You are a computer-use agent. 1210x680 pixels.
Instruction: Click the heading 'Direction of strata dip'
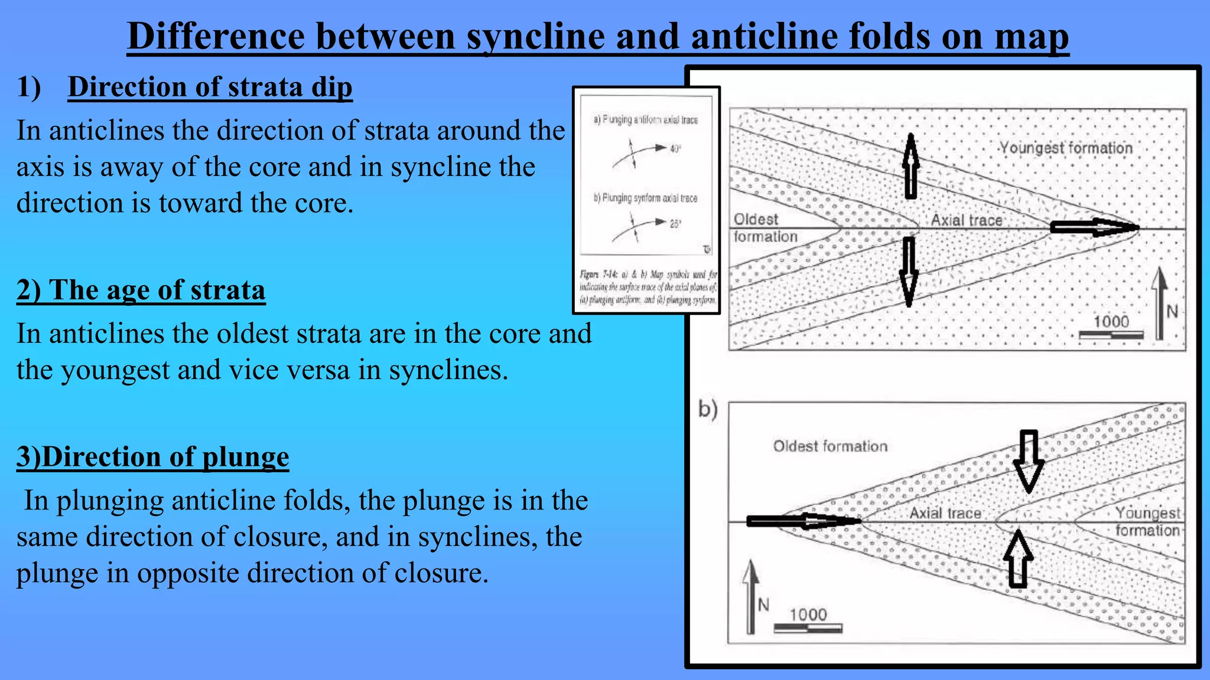[210, 87]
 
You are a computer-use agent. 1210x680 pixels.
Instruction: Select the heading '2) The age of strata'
[141, 290]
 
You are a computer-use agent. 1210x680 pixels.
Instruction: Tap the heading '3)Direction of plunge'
[152, 457]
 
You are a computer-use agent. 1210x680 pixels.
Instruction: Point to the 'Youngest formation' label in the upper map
[1066, 148]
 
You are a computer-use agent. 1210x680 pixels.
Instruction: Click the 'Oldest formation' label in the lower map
[830, 446]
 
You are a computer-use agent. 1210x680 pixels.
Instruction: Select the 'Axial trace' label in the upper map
[967, 220]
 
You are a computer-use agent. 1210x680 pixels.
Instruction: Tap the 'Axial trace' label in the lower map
[945, 513]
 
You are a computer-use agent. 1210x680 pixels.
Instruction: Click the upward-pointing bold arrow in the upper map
[911, 166]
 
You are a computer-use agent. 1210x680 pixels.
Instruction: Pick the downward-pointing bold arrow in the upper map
[909, 272]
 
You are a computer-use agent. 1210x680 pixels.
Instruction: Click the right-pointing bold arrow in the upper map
[1093, 227]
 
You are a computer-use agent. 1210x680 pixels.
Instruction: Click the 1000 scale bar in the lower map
[808, 627]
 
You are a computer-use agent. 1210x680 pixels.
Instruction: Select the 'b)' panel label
[708, 408]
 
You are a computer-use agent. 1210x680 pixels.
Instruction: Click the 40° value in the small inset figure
[675, 149]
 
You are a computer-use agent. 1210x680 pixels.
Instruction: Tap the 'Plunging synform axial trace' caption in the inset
[645, 198]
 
